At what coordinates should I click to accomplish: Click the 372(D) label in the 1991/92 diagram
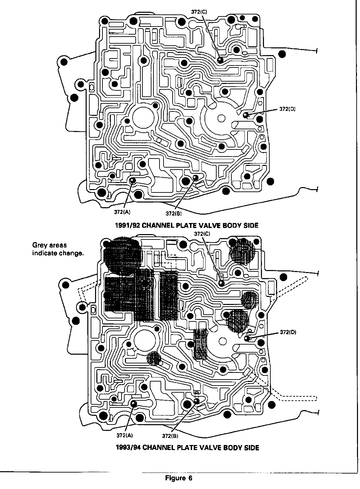pyautogui.click(x=287, y=109)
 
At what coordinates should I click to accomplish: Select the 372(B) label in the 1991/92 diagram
pyautogui.click(x=174, y=213)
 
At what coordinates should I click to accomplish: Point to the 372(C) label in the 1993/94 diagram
pyautogui.click(x=202, y=234)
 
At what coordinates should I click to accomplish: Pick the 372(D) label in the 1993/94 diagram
pyautogui.click(x=288, y=332)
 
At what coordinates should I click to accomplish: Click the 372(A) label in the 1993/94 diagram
pyautogui.click(x=125, y=435)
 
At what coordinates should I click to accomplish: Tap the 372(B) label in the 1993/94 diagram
pyautogui.click(x=170, y=436)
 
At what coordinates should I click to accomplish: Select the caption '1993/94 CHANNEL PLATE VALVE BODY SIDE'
pyautogui.click(x=187, y=448)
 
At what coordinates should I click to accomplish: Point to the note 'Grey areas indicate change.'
pyautogui.click(x=58, y=249)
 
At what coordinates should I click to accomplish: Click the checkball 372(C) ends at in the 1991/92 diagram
pyautogui.click(x=220, y=60)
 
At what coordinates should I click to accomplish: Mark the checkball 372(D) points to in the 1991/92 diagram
pyautogui.click(x=246, y=115)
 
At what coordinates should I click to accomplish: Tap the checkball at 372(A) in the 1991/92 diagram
pyautogui.click(x=132, y=181)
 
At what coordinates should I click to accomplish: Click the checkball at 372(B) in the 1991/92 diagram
pyautogui.click(x=196, y=177)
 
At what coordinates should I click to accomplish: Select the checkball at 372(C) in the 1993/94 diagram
pyautogui.click(x=222, y=283)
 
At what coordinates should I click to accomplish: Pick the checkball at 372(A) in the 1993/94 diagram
pyautogui.click(x=134, y=403)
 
